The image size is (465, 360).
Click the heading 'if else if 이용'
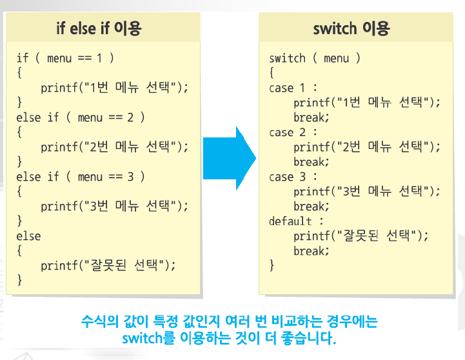click(x=99, y=28)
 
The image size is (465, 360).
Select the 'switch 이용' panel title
click(x=351, y=28)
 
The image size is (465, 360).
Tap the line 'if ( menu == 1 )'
click(x=65, y=58)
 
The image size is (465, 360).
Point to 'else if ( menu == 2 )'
click(x=81, y=117)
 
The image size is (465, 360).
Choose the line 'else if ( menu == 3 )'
click(x=81, y=177)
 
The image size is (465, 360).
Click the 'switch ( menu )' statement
click(x=315, y=58)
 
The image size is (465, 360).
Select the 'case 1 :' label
click(x=293, y=88)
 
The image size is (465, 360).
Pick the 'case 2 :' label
click(x=293, y=132)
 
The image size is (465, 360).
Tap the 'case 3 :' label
click(x=293, y=177)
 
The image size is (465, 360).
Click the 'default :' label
click(x=296, y=221)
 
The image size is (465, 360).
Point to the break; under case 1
click(x=312, y=117)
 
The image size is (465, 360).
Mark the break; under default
click(x=312, y=251)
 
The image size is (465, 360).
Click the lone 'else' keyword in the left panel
click(x=28, y=236)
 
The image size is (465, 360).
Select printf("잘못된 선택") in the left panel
click(x=108, y=266)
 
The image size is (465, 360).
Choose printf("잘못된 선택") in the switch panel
click(x=361, y=236)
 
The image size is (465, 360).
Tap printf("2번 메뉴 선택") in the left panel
click(x=115, y=147)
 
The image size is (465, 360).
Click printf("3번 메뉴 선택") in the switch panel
click(x=367, y=192)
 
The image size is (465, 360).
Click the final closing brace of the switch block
click(x=272, y=265)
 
